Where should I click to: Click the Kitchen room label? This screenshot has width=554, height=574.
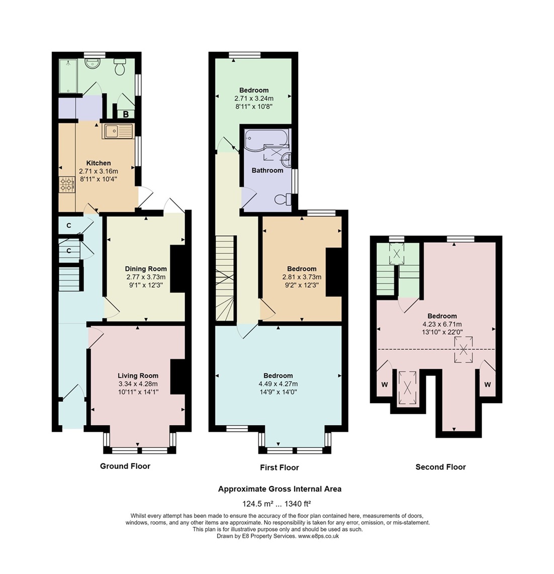click(99, 163)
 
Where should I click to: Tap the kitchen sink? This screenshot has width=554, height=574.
click(117, 131)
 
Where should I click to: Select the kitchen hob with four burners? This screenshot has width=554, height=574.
click(67, 184)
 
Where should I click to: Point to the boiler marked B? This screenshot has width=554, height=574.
click(126, 114)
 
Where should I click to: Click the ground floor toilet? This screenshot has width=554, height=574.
click(120, 66)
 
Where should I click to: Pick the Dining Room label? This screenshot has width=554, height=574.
click(146, 269)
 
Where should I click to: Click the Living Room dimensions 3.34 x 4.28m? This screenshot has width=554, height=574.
click(138, 384)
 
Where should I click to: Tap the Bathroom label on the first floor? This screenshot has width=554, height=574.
click(267, 170)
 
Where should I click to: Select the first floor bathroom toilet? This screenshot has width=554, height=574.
click(283, 199)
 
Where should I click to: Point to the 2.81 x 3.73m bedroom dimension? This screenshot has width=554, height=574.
click(302, 277)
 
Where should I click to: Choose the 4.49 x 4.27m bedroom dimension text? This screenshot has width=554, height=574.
click(278, 384)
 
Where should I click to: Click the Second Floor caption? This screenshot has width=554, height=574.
click(440, 467)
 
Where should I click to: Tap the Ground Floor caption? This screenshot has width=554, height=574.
click(125, 466)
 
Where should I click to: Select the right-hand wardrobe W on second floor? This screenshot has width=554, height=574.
click(487, 385)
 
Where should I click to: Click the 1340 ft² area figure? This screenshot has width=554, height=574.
click(298, 504)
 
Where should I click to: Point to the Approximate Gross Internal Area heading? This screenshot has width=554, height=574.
click(280, 489)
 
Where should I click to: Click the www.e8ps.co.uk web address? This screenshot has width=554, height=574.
click(318, 536)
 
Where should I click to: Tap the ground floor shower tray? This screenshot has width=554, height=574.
click(68, 76)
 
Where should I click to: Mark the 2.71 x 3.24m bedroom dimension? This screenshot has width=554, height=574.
click(254, 99)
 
